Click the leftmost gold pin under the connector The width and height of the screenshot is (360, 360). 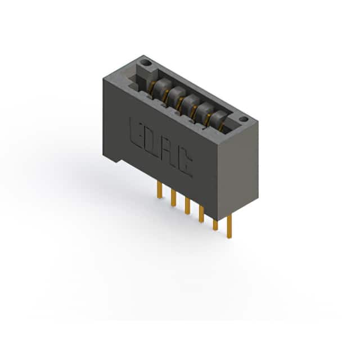(160, 190)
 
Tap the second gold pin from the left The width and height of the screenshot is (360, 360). (173, 198)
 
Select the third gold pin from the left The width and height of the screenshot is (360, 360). (187, 206)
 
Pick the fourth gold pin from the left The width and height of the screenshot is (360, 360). (201, 214)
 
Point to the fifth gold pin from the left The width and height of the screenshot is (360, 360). (215, 225)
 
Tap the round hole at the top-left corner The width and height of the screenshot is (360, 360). (146, 62)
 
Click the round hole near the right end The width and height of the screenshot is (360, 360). (244, 119)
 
